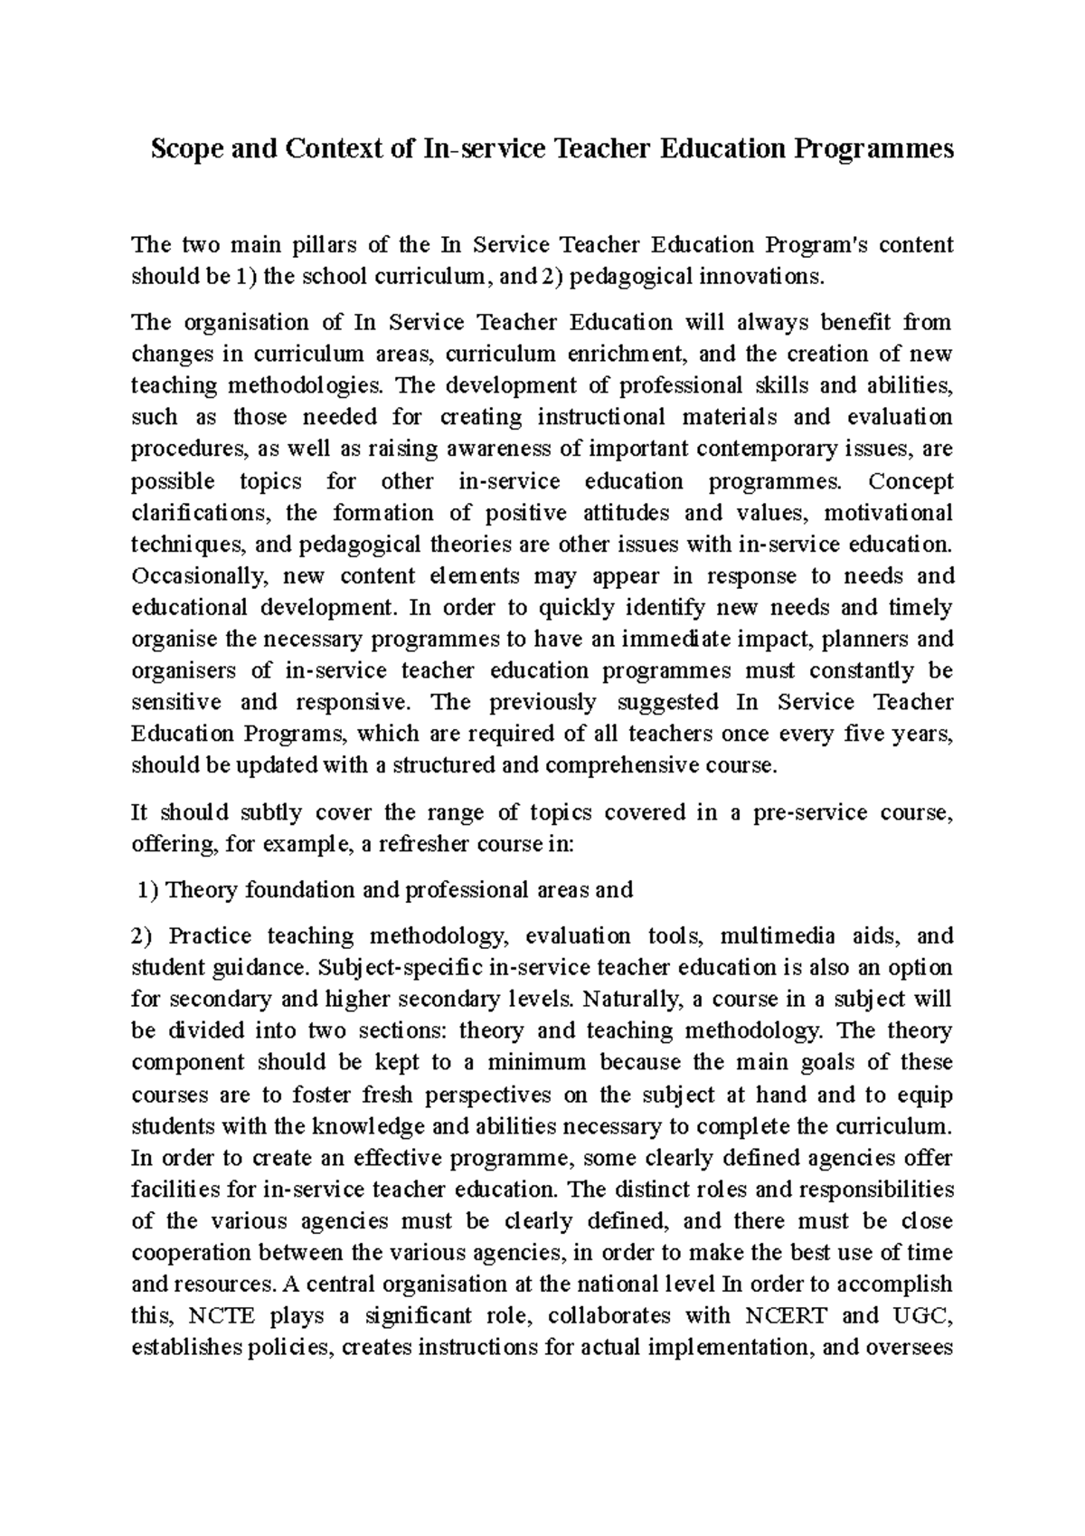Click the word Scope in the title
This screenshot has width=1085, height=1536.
[186, 148]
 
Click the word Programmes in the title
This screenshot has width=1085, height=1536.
[873, 148]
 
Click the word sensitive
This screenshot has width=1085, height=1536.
[176, 703]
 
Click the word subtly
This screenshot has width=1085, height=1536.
[265, 812]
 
